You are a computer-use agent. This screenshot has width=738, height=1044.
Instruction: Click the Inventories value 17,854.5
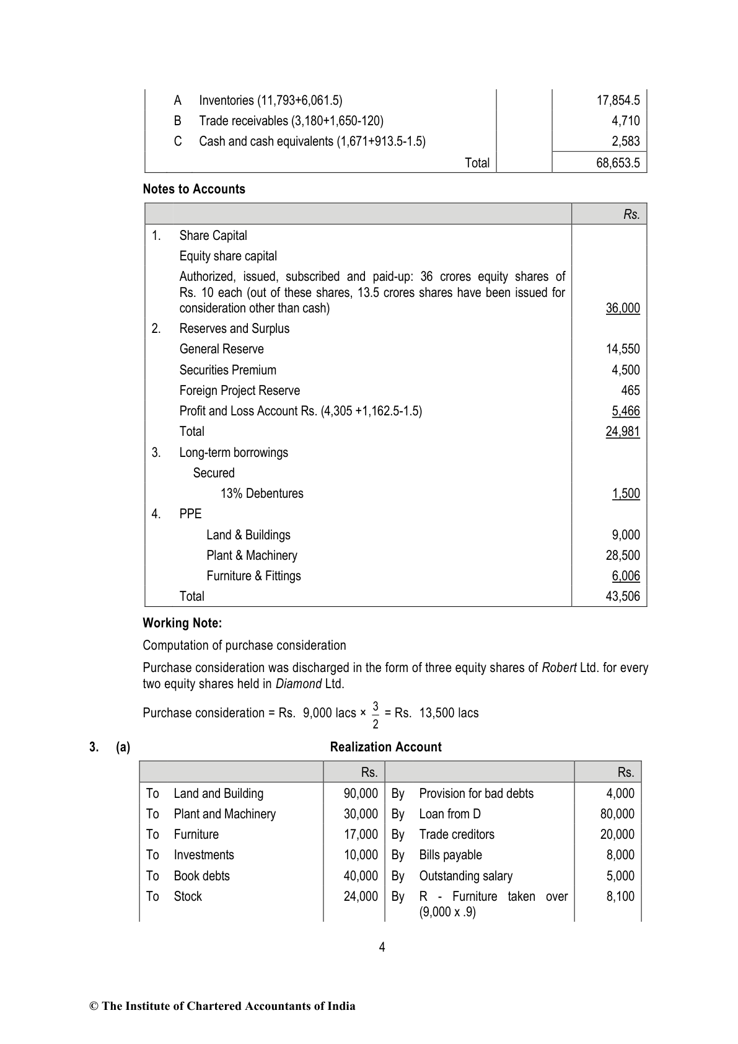tap(618, 100)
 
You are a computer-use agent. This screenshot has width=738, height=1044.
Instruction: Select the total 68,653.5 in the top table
tap(618, 163)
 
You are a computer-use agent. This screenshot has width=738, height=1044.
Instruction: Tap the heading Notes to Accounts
tap(194, 189)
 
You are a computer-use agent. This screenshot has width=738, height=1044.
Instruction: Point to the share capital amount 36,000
tap(623, 308)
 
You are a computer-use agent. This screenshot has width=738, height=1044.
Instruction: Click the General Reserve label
tap(221, 349)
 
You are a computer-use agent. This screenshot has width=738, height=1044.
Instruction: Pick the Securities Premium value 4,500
tap(625, 370)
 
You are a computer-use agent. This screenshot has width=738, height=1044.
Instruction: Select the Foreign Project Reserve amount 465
tap(630, 391)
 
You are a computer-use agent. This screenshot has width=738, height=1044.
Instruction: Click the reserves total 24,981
tap(623, 431)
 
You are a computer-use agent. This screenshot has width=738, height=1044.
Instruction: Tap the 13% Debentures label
tap(261, 493)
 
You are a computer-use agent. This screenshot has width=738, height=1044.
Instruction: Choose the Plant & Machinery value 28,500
tap(623, 555)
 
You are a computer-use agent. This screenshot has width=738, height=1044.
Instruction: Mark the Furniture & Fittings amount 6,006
tap(625, 576)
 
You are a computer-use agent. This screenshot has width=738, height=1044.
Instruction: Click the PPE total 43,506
tap(623, 596)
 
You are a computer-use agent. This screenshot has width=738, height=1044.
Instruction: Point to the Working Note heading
tap(182, 623)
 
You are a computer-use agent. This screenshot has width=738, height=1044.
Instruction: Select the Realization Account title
tap(385, 747)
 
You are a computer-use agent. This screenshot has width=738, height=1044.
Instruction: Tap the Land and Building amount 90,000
tap(361, 794)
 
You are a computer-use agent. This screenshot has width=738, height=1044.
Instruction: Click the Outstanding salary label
tap(465, 876)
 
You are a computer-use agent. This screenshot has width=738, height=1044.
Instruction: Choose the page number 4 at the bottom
tap(382, 947)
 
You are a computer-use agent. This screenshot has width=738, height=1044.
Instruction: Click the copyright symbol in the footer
tap(94, 1006)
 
